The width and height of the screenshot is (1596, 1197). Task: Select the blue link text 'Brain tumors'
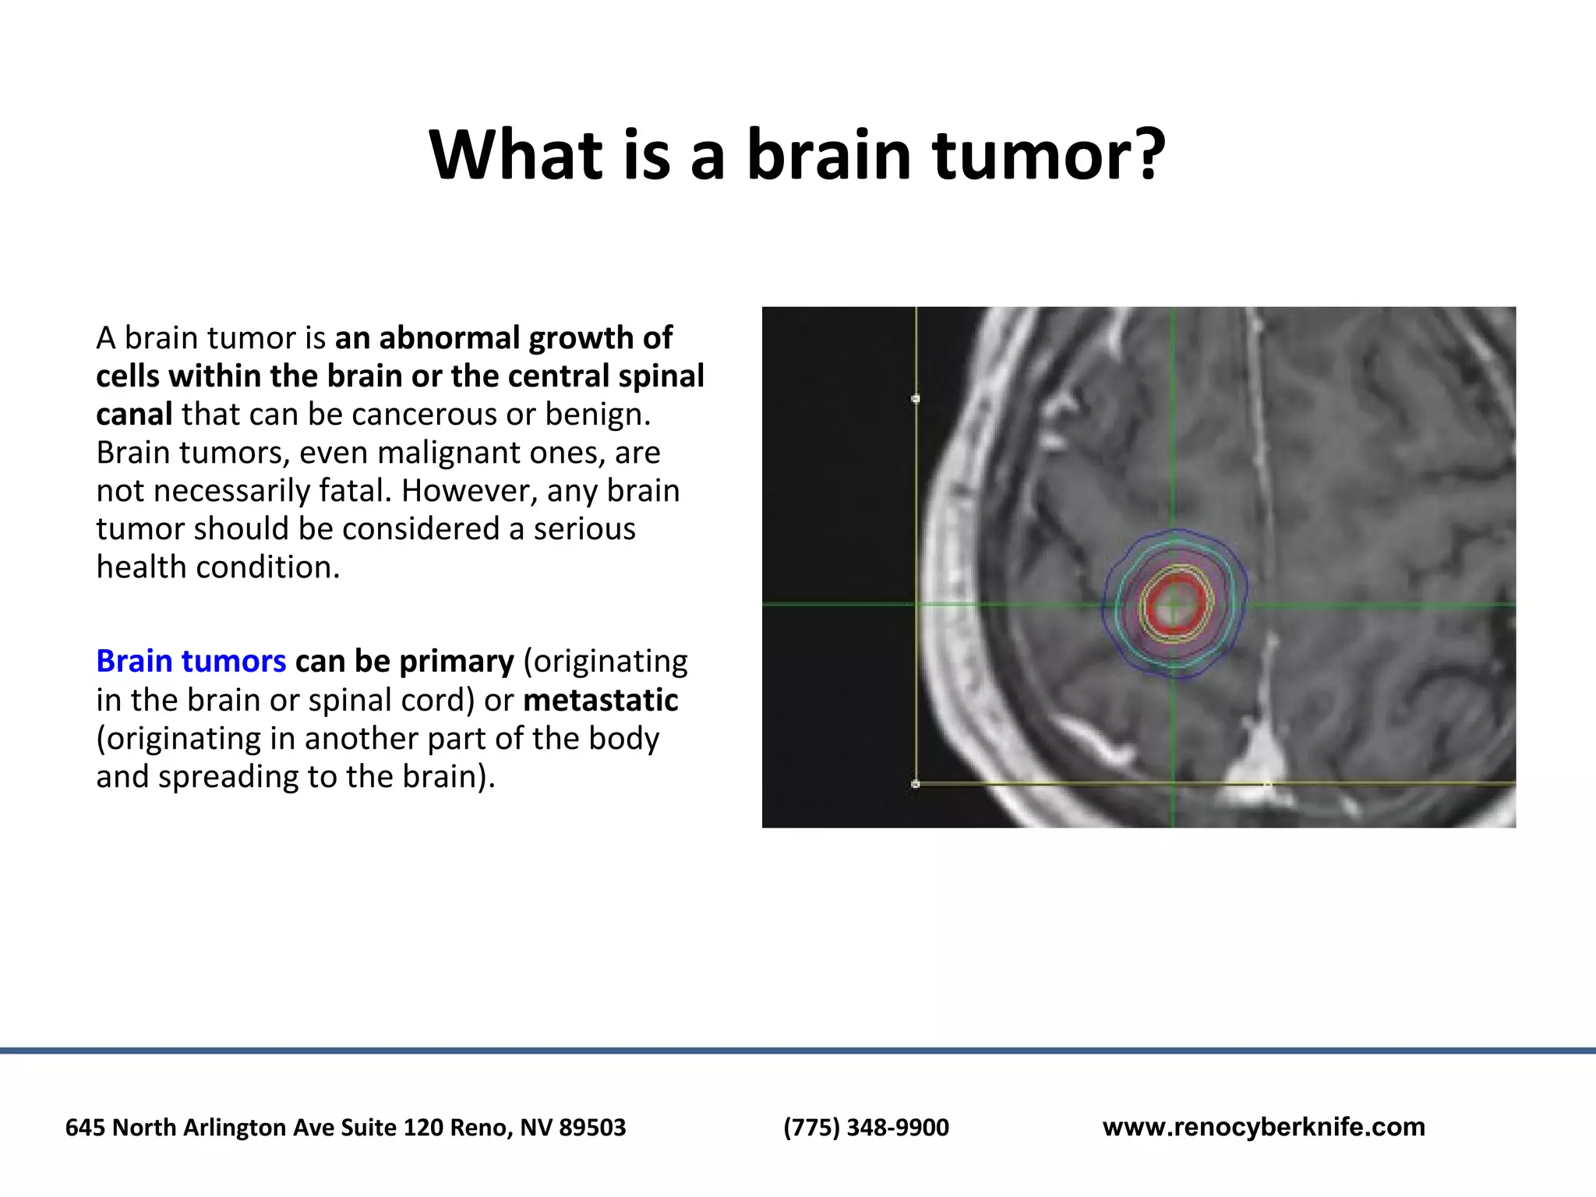click(191, 661)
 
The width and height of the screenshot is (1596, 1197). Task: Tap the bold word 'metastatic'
click(600, 700)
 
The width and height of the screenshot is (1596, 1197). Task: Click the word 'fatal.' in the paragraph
click(355, 491)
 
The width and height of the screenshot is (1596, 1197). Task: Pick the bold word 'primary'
click(457, 661)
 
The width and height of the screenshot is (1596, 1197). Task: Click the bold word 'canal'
click(134, 414)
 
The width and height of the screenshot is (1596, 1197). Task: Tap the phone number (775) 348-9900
click(866, 1127)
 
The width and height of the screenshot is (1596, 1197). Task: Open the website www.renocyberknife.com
click(1263, 1127)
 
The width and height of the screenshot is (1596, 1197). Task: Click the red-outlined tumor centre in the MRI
click(1174, 605)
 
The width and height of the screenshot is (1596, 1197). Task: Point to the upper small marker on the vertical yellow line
click(916, 398)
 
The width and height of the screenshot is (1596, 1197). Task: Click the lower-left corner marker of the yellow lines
click(916, 784)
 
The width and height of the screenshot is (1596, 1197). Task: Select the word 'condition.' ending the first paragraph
click(267, 567)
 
